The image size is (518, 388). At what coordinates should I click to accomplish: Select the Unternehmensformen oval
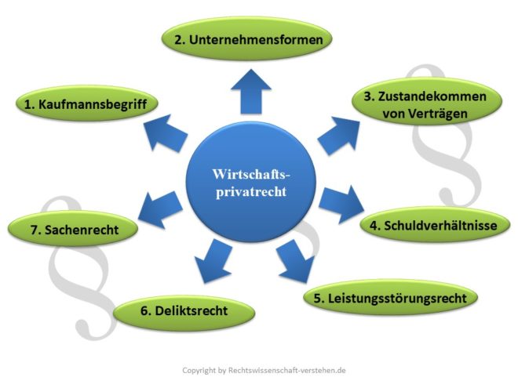(246, 38)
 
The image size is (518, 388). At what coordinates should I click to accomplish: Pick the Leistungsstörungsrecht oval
(391, 298)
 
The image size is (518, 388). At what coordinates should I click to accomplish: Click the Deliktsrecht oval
(184, 310)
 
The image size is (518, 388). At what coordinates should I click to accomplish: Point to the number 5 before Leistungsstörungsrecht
(317, 298)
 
